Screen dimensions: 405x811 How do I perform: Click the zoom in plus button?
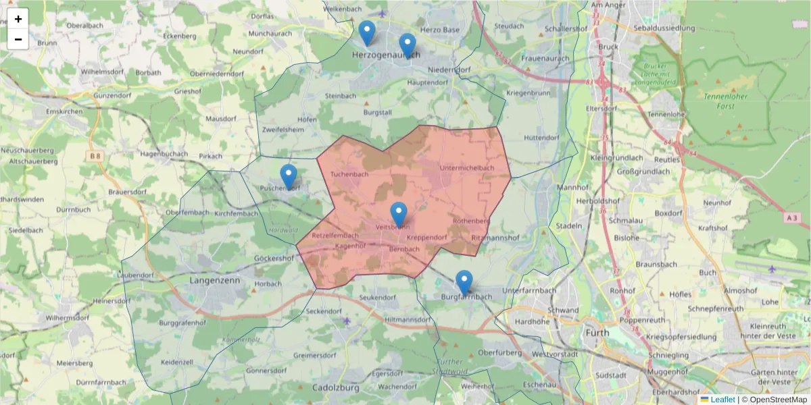tap(18, 19)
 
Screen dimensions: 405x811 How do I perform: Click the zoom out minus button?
tap(18, 39)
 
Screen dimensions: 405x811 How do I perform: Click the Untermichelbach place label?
tap(466, 167)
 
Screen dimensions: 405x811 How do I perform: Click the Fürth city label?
tap(597, 332)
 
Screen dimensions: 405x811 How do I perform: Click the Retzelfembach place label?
tap(336, 236)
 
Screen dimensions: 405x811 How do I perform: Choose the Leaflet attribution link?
tap(722, 400)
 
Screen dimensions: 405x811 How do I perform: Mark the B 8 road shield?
tap(94, 157)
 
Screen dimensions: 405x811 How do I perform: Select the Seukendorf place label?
tap(378, 297)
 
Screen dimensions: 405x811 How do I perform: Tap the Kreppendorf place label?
tap(426, 238)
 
